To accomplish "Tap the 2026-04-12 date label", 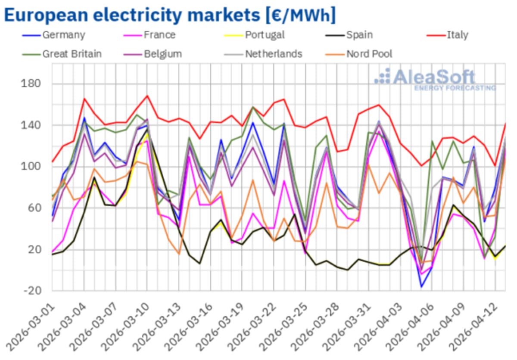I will point(476,327).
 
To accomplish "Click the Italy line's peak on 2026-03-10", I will point(147,96).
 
